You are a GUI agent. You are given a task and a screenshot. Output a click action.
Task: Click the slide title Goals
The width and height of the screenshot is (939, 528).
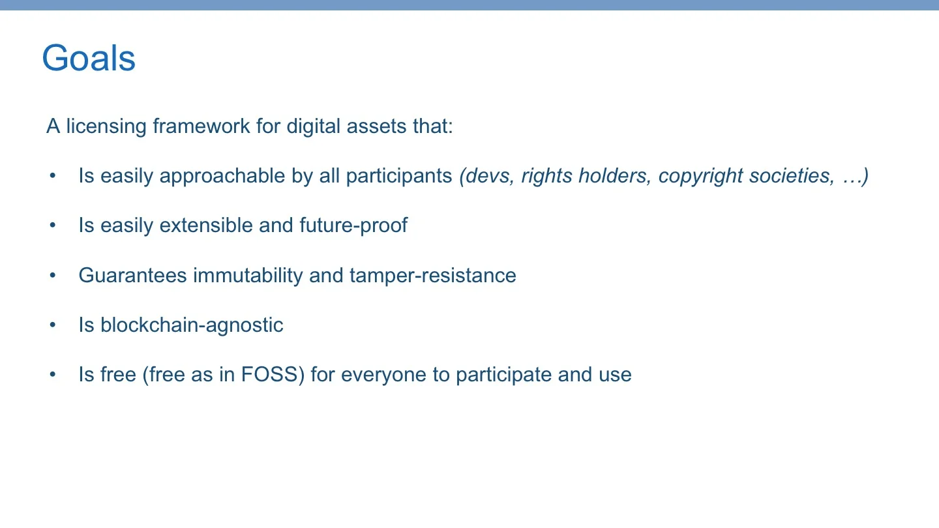(89, 59)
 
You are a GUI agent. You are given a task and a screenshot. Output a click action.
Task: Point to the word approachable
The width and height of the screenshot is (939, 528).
(222, 176)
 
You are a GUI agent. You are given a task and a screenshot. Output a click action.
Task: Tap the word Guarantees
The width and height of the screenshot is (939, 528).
(132, 275)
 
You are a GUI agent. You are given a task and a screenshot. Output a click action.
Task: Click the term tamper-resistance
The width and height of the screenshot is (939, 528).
(432, 275)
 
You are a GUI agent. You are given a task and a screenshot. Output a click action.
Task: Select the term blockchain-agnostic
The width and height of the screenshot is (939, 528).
(192, 325)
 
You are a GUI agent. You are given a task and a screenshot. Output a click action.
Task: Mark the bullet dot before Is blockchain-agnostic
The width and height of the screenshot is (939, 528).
(53, 325)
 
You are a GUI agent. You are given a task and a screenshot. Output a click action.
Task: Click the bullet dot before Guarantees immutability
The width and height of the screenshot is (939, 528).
(53, 275)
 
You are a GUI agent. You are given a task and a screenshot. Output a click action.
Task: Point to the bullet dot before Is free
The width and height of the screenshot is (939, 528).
(53, 375)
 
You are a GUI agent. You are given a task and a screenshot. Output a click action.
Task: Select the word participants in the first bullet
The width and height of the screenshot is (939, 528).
(399, 176)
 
